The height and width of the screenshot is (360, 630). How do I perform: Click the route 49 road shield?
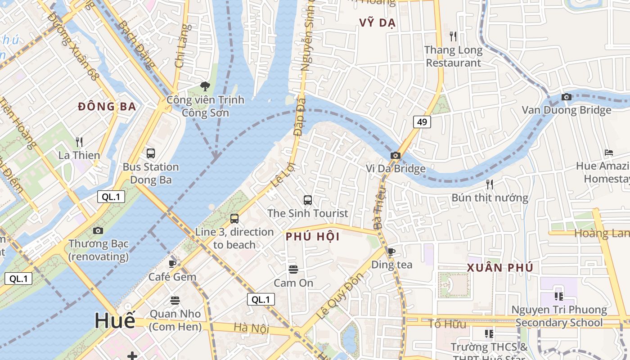[422, 121]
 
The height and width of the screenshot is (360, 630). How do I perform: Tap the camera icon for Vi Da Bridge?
[396, 155]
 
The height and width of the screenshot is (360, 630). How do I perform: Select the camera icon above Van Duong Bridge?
[567, 97]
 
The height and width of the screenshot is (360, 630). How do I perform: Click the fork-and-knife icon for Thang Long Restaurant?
[453, 36]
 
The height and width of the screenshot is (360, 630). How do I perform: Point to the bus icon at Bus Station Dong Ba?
[151, 153]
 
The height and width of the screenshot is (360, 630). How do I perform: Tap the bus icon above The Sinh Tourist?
[308, 200]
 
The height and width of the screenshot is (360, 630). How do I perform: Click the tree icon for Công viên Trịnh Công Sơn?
[205, 86]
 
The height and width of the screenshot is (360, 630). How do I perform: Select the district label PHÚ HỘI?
[313, 237]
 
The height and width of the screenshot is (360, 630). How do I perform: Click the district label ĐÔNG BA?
[107, 107]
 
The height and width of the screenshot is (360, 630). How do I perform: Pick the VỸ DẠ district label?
[377, 23]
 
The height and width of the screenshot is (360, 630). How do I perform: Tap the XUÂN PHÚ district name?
[500, 268]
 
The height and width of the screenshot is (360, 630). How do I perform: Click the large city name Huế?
[115, 321]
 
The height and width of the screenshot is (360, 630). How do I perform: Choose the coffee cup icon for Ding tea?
[391, 251]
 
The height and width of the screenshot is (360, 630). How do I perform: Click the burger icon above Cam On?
[293, 270]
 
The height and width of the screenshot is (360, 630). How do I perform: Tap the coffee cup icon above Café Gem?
[172, 263]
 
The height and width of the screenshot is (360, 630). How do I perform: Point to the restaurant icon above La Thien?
[79, 142]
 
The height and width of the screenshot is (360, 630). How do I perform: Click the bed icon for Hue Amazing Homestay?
[609, 153]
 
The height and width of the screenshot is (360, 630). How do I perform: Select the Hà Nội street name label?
[251, 328]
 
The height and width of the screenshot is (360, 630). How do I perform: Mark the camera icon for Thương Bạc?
[98, 230]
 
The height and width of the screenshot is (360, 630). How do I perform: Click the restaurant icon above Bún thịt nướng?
[490, 184]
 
